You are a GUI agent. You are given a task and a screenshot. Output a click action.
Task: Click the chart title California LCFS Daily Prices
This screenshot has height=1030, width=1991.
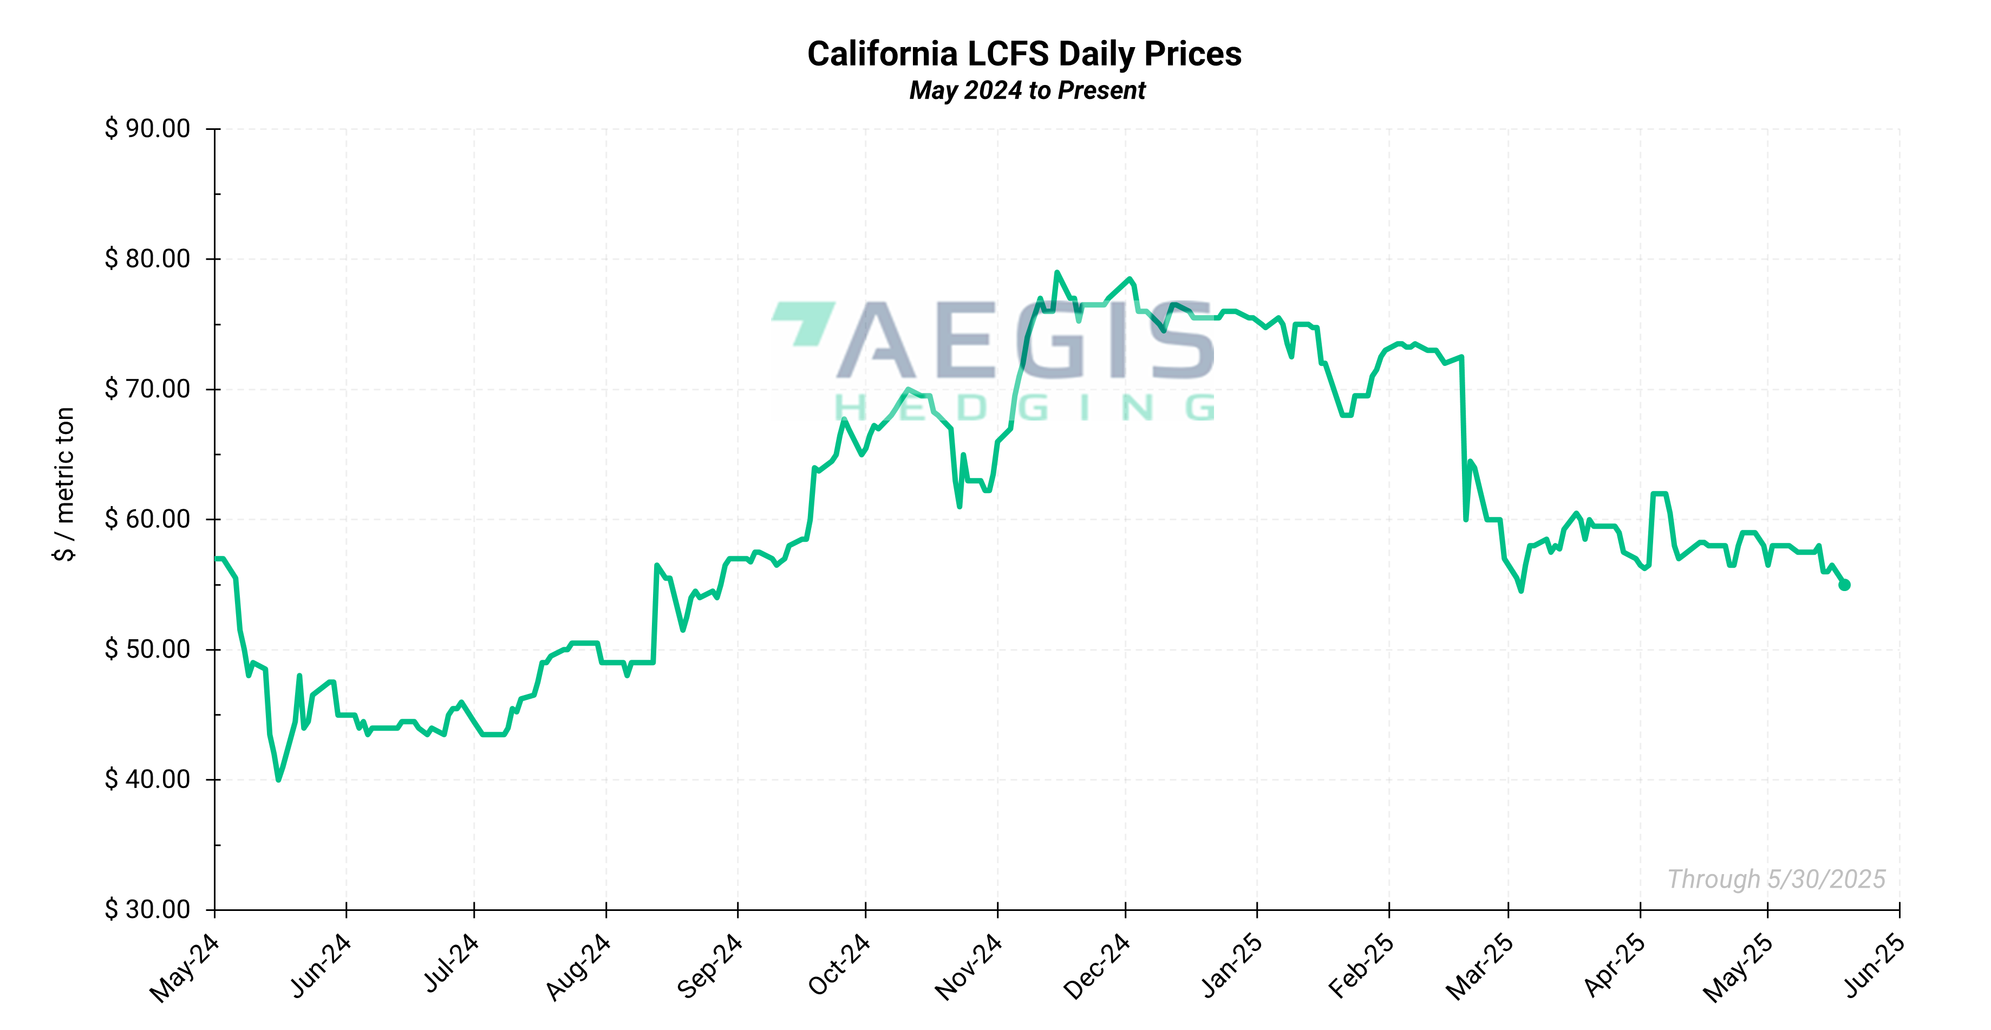click(x=1024, y=54)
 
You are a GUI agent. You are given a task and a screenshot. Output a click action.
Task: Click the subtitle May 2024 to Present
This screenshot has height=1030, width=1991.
click(x=1027, y=90)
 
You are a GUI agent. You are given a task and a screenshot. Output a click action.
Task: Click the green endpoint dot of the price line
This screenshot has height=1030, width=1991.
click(x=1844, y=585)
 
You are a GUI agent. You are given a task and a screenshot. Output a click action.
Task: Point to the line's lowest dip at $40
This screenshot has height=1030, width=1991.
click(x=278, y=779)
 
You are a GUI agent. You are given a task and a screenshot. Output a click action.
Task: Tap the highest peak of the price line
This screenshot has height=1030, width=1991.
click(x=1056, y=273)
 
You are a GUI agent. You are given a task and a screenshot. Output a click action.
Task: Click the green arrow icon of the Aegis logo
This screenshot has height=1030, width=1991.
click(x=804, y=322)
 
